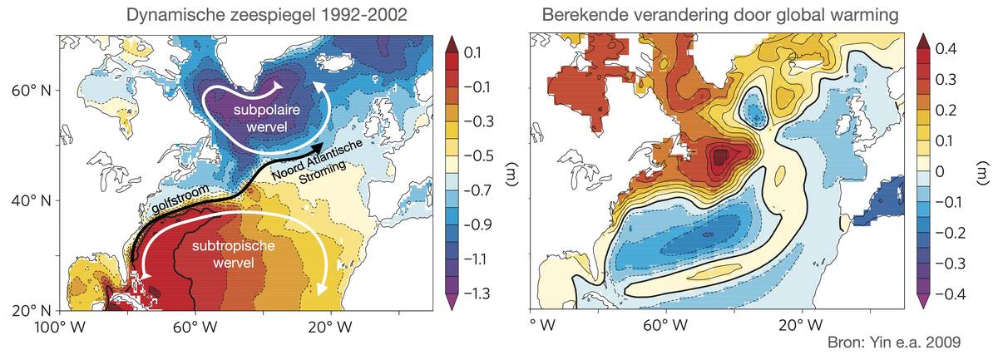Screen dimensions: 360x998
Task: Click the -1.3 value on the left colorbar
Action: coord(477,293)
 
